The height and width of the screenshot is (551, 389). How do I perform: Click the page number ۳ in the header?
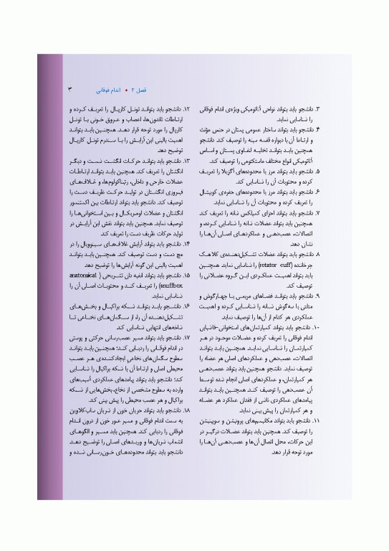(x=69, y=91)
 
